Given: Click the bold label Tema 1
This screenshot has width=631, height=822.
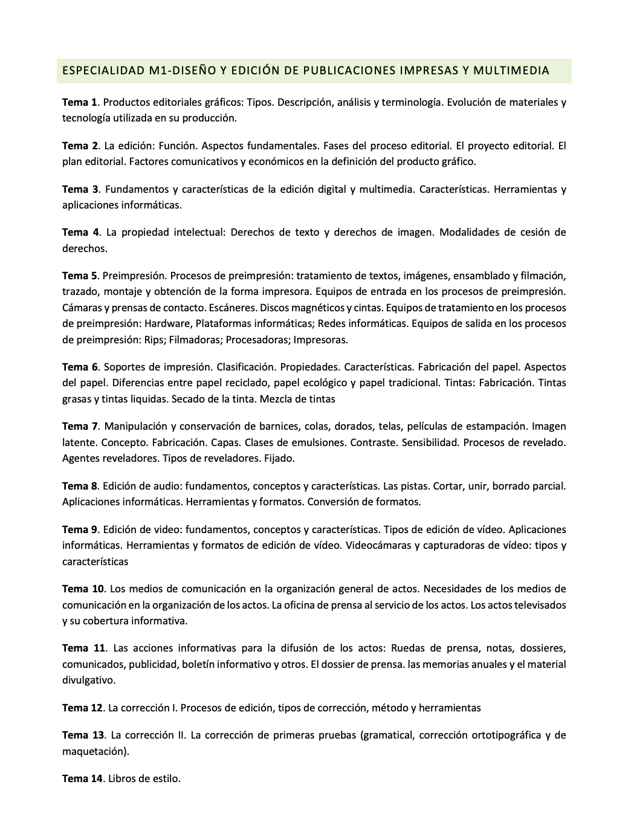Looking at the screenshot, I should (x=80, y=102).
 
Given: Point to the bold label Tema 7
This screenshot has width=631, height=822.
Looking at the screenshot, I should (x=80, y=426).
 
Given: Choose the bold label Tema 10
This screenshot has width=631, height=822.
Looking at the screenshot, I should (x=83, y=589).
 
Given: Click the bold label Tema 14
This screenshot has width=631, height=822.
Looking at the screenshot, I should (x=82, y=778).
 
